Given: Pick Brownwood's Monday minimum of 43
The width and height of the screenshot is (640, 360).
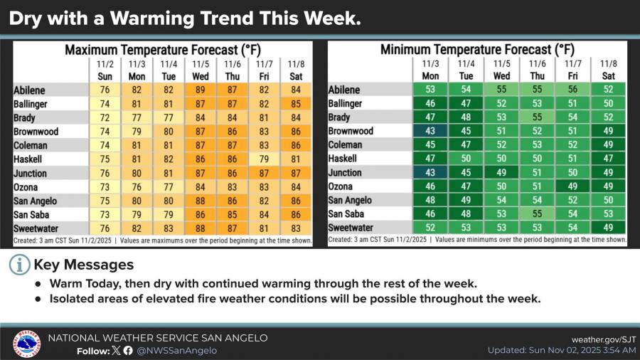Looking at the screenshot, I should [x=430, y=132].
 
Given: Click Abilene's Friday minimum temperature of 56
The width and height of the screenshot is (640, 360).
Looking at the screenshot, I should [x=572, y=90].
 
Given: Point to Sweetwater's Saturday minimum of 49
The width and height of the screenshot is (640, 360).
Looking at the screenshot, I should [x=608, y=228].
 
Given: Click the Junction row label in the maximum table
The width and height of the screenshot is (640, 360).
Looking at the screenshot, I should [x=30, y=174].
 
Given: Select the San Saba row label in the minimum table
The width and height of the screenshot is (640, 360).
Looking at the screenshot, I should [x=348, y=214].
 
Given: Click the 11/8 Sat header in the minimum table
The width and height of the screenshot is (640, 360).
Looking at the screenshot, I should [x=608, y=70].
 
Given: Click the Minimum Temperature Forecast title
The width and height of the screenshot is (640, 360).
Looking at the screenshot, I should [x=477, y=50].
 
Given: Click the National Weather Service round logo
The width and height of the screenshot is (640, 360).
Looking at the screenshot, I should [x=26, y=344].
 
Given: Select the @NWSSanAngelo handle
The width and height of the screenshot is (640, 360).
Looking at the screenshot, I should [x=177, y=351].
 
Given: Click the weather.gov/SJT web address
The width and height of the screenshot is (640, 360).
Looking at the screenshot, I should [x=604, y=339].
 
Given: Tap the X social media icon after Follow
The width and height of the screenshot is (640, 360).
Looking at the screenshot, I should [x=116, y=351].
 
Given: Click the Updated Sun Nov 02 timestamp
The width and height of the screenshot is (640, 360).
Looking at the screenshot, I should [x=562, y=351].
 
